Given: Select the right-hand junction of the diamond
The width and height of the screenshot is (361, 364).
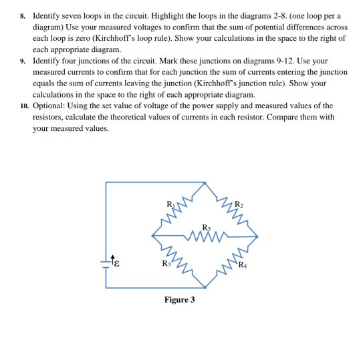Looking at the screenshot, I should [259, 234].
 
